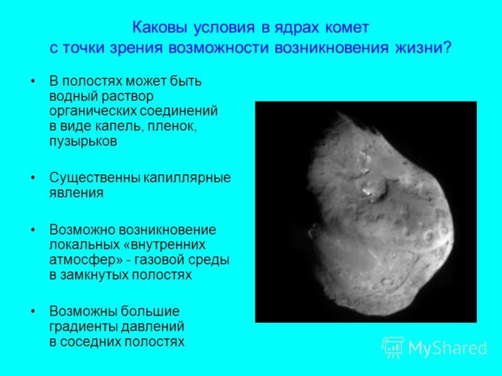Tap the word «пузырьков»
click(83, 142)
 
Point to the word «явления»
click(76, 193)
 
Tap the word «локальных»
click(80, 244)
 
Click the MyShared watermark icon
click(392, 347)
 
